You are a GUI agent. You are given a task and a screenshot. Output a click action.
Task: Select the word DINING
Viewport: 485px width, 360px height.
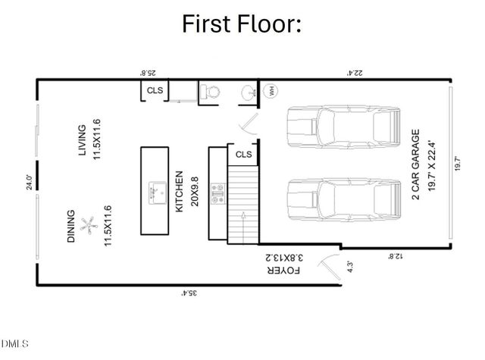pos(71,227)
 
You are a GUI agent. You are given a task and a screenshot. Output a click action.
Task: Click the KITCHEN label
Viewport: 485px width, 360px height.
pos(180,191)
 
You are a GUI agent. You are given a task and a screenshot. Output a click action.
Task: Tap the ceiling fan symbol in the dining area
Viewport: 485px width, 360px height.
pos(89,225)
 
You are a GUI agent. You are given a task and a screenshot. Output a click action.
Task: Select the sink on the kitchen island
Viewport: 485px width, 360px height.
pos(158,189)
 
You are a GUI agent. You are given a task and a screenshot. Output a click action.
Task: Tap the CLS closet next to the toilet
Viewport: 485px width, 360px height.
pos(155,91)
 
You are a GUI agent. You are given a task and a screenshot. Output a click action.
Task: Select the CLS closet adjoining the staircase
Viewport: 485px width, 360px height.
pos(243,154)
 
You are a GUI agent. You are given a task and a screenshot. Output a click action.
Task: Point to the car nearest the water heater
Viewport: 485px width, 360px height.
pos(343,133)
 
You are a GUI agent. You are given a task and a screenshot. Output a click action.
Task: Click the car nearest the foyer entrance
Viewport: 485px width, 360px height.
pos(343,205)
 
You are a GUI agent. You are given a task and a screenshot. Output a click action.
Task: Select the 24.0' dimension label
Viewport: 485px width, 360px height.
pos(29,183)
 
